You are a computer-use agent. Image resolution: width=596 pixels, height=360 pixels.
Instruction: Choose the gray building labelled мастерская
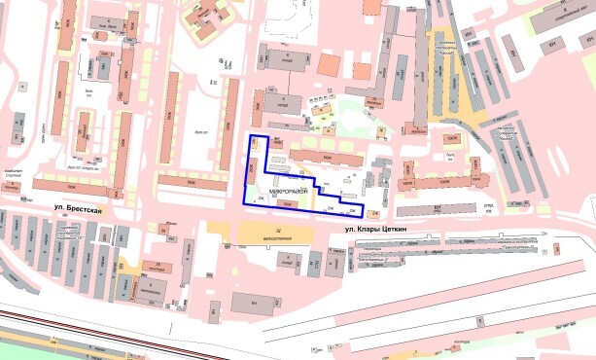(x=148, y=290)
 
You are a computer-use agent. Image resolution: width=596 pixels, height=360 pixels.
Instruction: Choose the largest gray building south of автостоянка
(x=255, y=304)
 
